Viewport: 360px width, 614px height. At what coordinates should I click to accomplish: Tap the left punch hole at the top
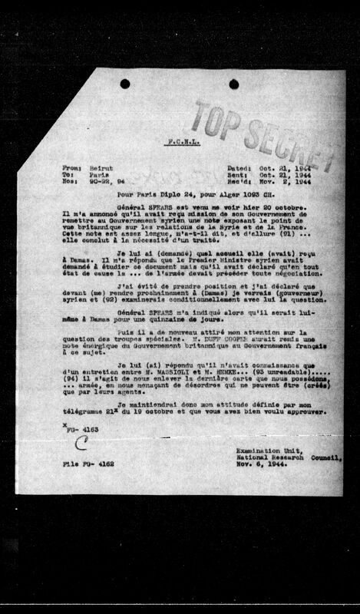pos(125,83)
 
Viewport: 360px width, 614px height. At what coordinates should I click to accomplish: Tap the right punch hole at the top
pos(233,83)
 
